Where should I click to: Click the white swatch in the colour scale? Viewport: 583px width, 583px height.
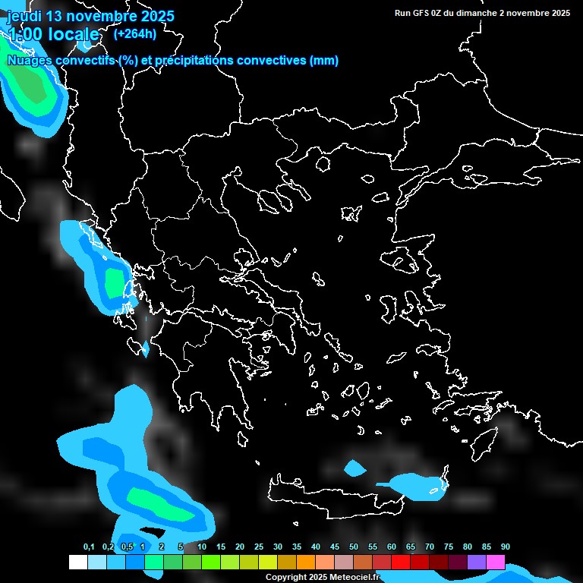click(78, 562)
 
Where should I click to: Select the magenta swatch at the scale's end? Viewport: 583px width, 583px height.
click(496, 562)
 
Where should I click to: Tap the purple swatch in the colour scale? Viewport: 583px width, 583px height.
click(477, 562)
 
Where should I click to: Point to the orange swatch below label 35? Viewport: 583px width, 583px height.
click(306, 562)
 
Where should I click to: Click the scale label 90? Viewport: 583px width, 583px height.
click(505, 547)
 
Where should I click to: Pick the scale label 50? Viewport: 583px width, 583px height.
click(354, 547)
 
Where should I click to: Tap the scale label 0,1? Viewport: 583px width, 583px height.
click(89, 547)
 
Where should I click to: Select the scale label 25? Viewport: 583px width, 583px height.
click(259, 547)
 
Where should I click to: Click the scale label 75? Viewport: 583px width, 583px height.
click(449, 547)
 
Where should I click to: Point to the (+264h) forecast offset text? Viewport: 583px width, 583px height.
click(135, 33)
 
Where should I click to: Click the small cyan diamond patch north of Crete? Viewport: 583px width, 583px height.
click(354, 468)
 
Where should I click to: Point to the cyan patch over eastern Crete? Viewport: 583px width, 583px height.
click(414, 486)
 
